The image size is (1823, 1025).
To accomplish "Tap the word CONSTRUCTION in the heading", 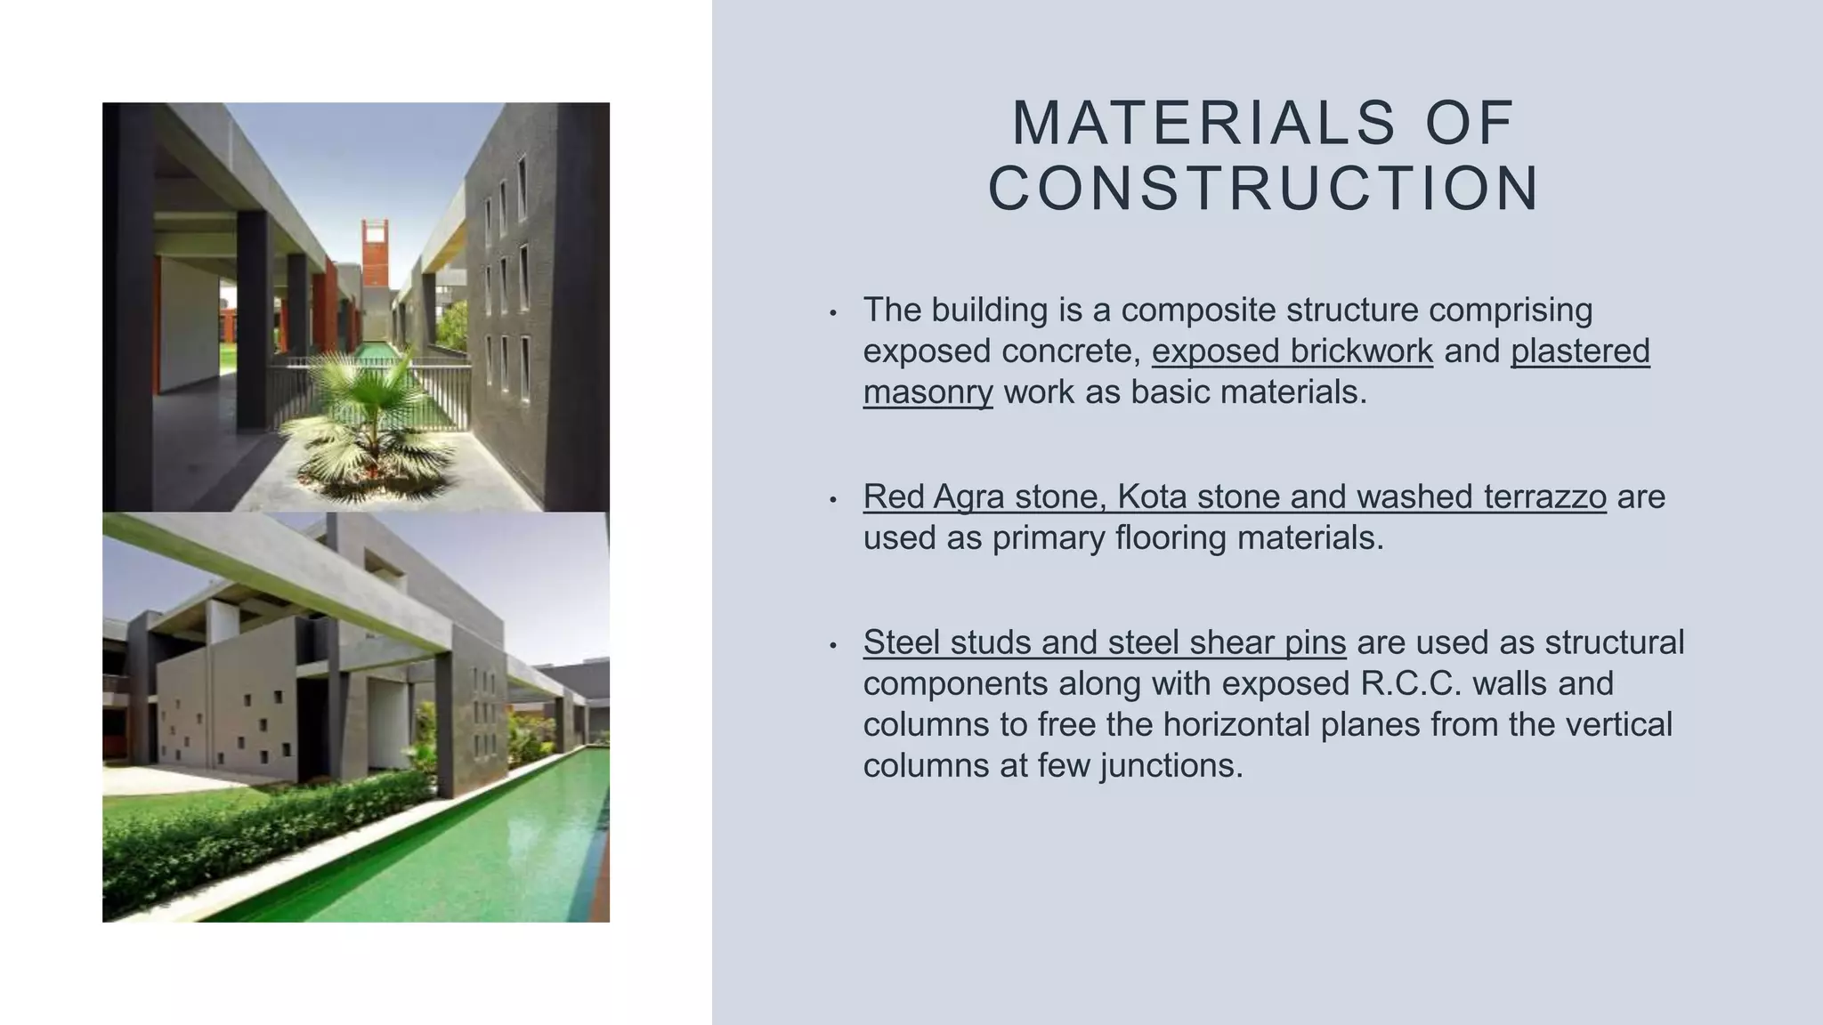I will click(1264, 189).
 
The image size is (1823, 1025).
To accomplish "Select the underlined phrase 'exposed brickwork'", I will click(1292, 351).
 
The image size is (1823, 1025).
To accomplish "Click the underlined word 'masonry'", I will click(928, 392).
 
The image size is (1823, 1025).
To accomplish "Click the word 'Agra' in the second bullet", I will click(969, 496).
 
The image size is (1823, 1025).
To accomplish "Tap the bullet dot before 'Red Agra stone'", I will click(833, 499).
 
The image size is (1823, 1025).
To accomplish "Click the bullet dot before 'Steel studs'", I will click(833, 645).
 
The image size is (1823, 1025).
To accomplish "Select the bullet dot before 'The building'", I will click(833, 313).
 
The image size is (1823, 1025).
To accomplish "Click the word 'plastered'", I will click(1580, 351).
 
